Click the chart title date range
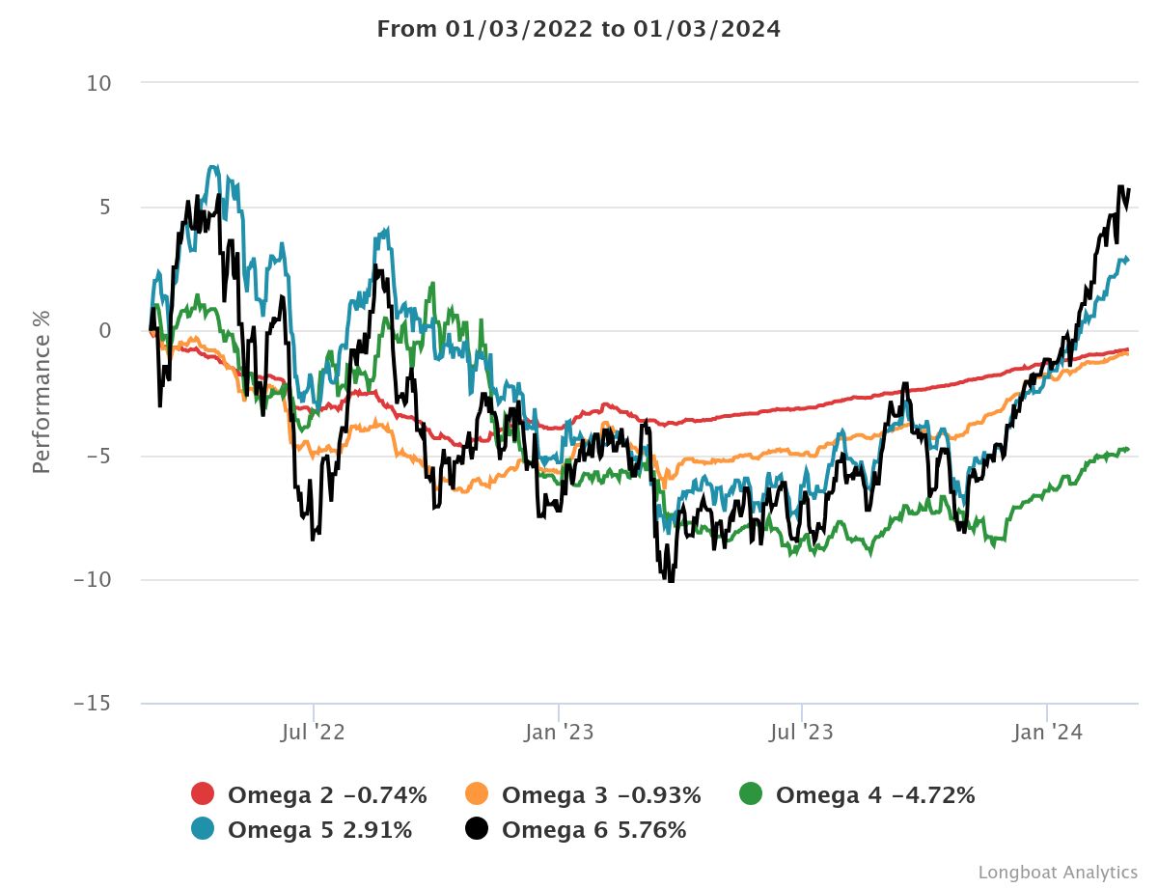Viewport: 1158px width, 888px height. tap(578, 29)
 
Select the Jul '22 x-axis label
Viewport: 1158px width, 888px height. tap(313, 733)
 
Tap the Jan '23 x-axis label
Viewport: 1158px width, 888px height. tap(559, 733)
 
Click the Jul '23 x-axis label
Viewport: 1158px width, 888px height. tap(801, 733)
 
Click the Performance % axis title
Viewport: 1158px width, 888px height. tap(41, 390)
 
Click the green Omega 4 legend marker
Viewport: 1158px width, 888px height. tap(751, 794)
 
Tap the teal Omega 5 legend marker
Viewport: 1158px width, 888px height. tap(203, 829)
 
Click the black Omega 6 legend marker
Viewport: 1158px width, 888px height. tap(477, 829)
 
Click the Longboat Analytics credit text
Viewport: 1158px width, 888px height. tap(1058, 872)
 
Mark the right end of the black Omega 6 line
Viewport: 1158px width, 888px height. tap(1128, 190)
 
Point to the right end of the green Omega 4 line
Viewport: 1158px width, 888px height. tap(1128, 449)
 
